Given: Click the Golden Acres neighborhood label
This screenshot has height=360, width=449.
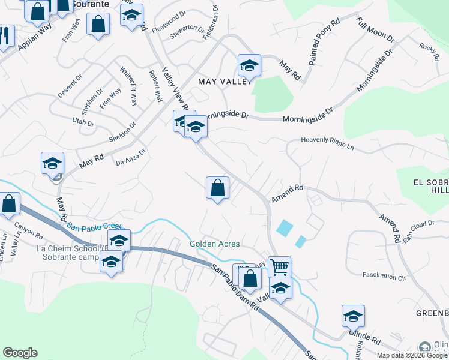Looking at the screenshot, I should coord(215,244).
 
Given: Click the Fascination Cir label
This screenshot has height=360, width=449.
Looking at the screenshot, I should coord(384,276).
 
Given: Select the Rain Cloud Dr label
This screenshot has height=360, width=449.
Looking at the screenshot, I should coord(418,230).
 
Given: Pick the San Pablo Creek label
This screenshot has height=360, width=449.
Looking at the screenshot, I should coord(95,227).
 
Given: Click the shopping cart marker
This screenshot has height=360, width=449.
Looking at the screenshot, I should coord(279,266).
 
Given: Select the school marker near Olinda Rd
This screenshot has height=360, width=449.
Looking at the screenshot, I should coord(353,316).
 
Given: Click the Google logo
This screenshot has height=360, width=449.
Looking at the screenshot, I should coord(20,353).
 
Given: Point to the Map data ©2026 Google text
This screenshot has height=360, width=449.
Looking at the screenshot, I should coord(412,355).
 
